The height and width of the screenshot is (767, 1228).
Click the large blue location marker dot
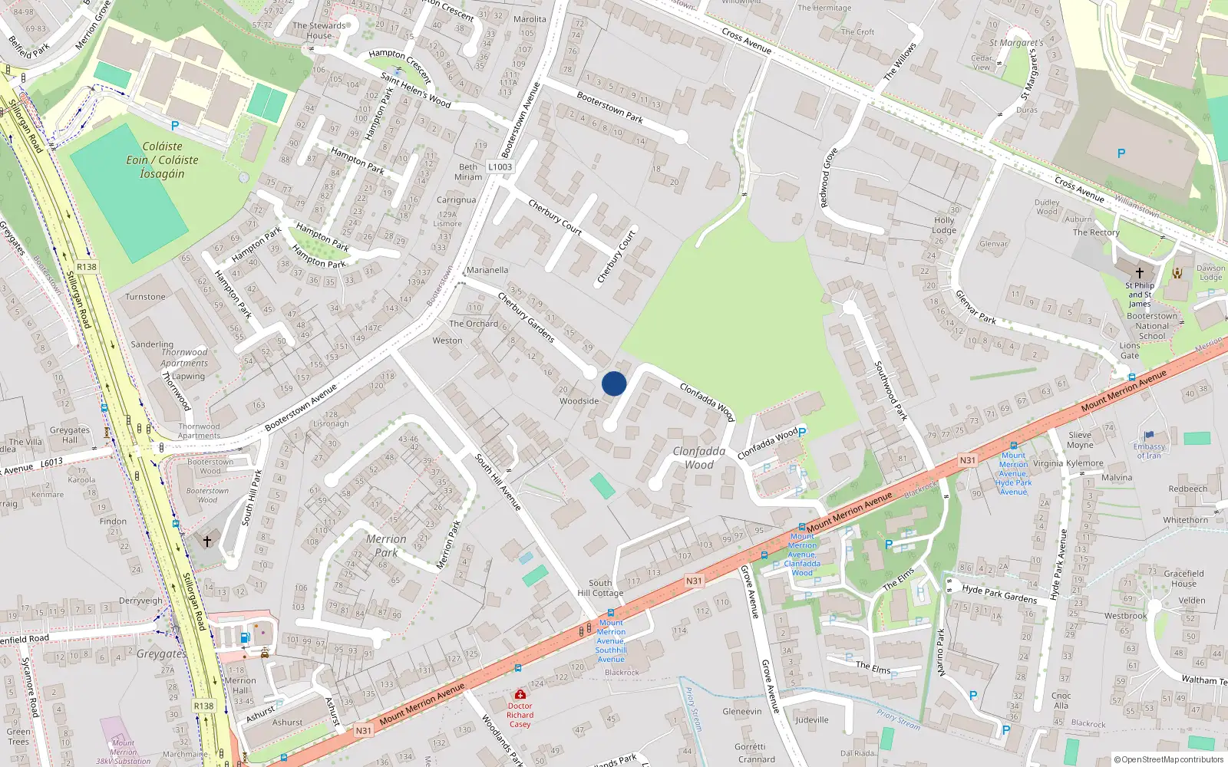614,383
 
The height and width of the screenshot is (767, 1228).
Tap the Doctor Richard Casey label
520,715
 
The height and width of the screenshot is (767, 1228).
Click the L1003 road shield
500,166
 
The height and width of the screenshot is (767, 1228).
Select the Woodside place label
579,401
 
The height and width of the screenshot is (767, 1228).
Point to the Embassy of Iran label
1149,451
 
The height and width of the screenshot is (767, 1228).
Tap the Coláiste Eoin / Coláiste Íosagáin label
162,160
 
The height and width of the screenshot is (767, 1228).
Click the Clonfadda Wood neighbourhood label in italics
698,458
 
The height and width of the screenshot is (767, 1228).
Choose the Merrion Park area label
386,545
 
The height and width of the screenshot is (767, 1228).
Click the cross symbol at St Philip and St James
1140,272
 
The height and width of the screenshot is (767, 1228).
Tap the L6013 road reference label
51,463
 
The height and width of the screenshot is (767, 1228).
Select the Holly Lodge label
944,225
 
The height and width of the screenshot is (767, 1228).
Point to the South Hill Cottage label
600,588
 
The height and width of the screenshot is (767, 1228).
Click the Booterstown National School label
1152,326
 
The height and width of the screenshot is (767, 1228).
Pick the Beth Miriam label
468,172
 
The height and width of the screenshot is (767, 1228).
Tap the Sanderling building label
152,344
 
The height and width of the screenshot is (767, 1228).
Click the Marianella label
487,270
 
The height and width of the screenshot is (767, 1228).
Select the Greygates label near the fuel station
161,653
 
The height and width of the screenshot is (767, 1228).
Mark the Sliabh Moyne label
1080,439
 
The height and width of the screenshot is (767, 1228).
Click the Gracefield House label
1183,578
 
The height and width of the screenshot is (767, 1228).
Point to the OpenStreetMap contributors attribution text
1169,759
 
